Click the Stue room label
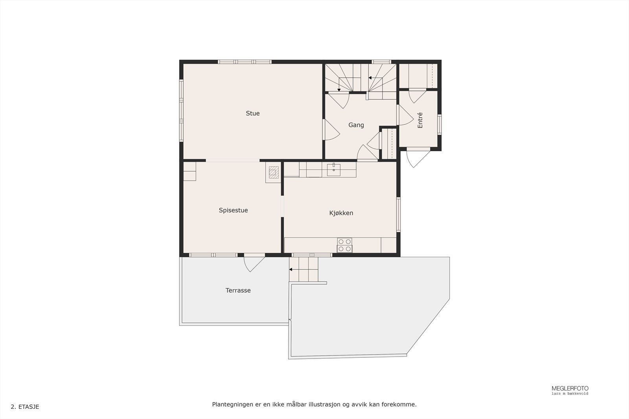click(253, 113)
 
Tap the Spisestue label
click(233, 210)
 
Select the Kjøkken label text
click(341, 213)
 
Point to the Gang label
click(356, 125)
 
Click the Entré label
click(420, 120)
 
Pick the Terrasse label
click(238, 291)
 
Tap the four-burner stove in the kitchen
click(344, 245)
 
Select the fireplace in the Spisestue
click(274, 171)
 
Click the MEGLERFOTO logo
click(570, 388)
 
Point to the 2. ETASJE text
click(25, 407)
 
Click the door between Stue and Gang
click(330, 129)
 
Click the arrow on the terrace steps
click(291, 269)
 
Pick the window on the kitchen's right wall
click(398, 214)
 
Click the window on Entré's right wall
click(439, 124)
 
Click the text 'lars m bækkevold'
click(570, 393)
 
